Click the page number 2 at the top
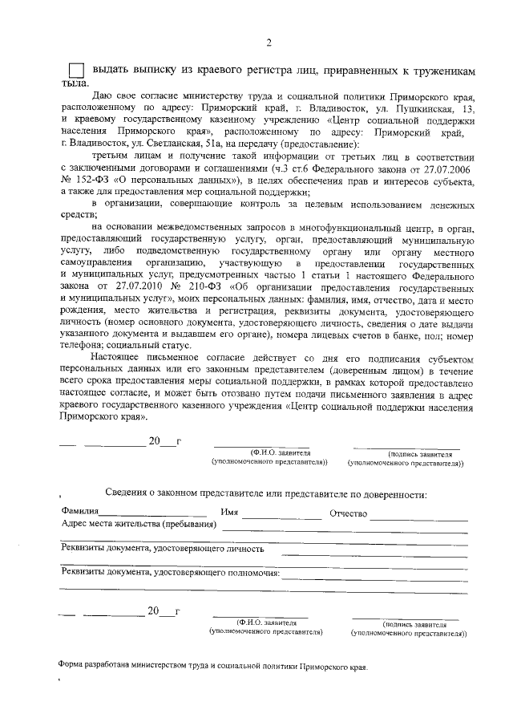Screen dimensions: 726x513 [x=269, y=43]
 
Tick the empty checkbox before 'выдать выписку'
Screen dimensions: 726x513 [x=75, y=70]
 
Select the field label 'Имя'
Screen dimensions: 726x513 [x=230, y=513]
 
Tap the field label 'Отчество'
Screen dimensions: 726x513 [x=348, y=513]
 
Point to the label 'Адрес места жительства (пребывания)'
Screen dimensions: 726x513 [x=139, y=525]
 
